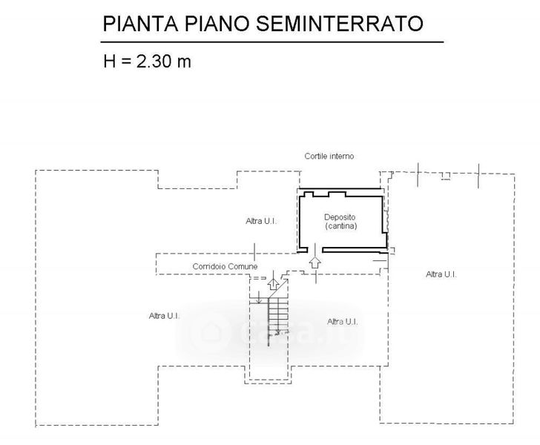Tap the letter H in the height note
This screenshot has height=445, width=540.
[109, 61]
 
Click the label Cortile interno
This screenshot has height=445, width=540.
[329, 156]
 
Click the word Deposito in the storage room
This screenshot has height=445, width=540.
[340, 217]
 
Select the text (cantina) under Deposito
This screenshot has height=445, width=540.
[340, 226]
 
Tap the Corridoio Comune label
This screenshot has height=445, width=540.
[225, 266]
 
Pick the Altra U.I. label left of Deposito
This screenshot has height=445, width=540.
[261, 221]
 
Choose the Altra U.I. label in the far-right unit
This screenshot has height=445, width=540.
[441, 274]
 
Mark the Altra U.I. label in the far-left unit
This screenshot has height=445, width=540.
[164, 316]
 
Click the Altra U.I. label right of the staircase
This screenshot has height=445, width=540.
[343, 321]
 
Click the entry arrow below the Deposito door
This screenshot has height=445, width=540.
[315, 263]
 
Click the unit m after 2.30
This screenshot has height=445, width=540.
[183, 61]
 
